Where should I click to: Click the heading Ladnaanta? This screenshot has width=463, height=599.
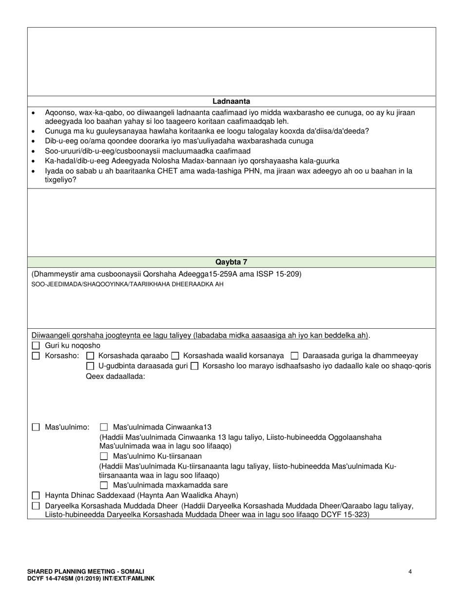(x=231, y=101)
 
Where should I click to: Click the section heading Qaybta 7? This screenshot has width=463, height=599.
(x=231, y=262)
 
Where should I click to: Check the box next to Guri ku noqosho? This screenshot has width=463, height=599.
(x=36, y=346)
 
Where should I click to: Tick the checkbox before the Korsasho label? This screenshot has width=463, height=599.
(x=36, y=356)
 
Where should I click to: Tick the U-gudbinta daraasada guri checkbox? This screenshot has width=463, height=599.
(x=90, y=366)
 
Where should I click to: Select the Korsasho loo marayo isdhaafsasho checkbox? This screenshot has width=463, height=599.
(x=194, y=366)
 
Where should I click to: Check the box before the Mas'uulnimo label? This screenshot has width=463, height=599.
(x=36, y=428)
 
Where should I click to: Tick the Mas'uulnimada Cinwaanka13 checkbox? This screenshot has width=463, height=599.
(x=103, y=428)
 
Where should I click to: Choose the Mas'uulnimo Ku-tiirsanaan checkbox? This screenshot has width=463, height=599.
(x=103, y=457)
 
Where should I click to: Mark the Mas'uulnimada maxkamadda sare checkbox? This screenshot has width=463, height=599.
(x=103, y=486)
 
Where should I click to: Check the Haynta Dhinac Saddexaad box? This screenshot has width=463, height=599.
(x=36, y=496)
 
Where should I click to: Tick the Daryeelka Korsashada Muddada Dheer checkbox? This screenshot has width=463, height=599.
(x=36, y=506)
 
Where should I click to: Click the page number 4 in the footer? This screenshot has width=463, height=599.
(x=410, y=572)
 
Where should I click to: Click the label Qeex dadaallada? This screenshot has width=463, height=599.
(x=116, y=376)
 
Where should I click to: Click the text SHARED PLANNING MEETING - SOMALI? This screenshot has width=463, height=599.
(x=86, y=572)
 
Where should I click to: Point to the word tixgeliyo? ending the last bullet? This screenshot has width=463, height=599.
(x=60, y=180)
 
